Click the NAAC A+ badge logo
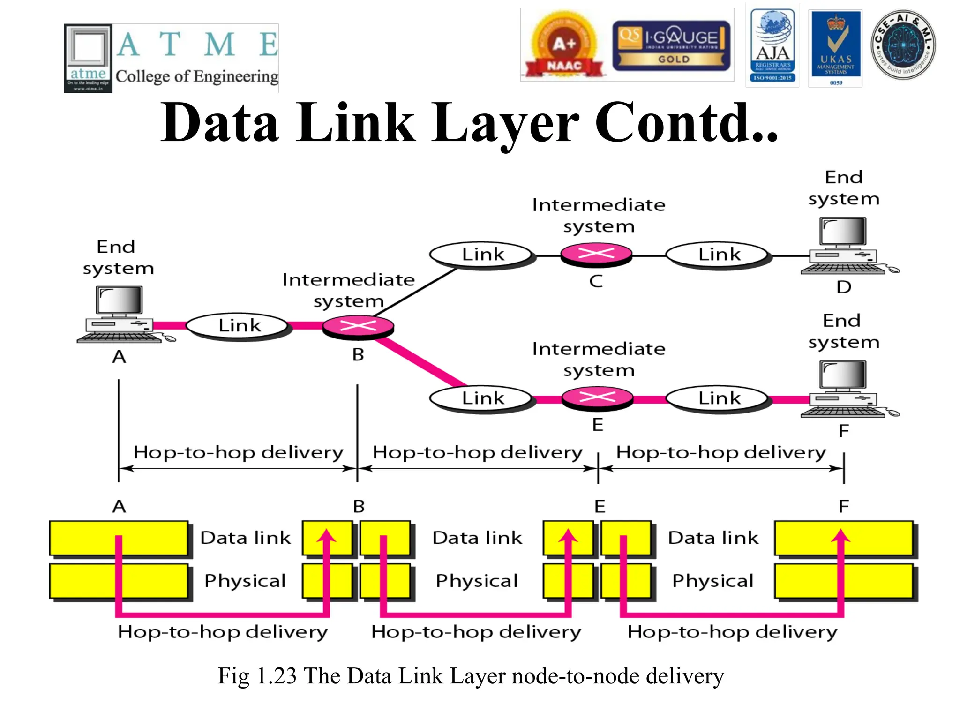[563, 46]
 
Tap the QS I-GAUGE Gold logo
[671, 46]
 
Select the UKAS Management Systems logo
[836, 48]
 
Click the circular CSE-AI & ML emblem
[903, 45]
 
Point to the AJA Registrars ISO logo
[772, 46]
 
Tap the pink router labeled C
[596, 255]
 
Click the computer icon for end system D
[844, 245]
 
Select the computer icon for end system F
[844, 389]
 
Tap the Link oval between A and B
[239, 325]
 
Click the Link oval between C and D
[719, 255]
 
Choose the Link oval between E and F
[719, 398]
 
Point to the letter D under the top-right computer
[844, 287]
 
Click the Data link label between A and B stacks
[245, 538]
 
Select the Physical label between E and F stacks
[712, 581]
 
